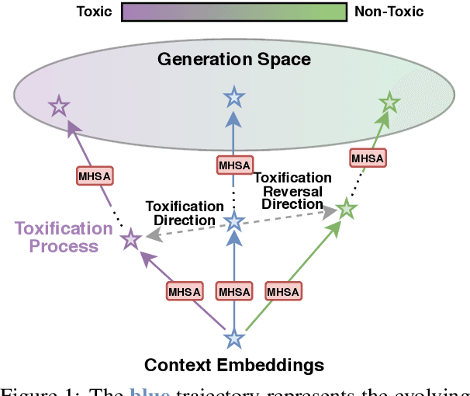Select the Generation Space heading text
[x=233, y=59]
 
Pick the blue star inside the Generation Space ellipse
[x=233, y=97]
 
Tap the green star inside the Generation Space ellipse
[x=389, y=102]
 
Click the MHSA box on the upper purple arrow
[x=95, y=175]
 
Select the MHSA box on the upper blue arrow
[x=233, y=165]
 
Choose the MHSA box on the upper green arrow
[x=368, y=158]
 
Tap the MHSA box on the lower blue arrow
[x=234, y=291]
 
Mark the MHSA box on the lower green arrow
[x=283, y=291]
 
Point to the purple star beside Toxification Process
[x=131, y=241]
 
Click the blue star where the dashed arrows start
[x=234, y=223]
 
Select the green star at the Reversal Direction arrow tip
[x=346, y=208]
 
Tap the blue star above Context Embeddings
[x=234, y=339]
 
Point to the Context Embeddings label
[x=234, y=364]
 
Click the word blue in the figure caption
[x=150, y=390]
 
